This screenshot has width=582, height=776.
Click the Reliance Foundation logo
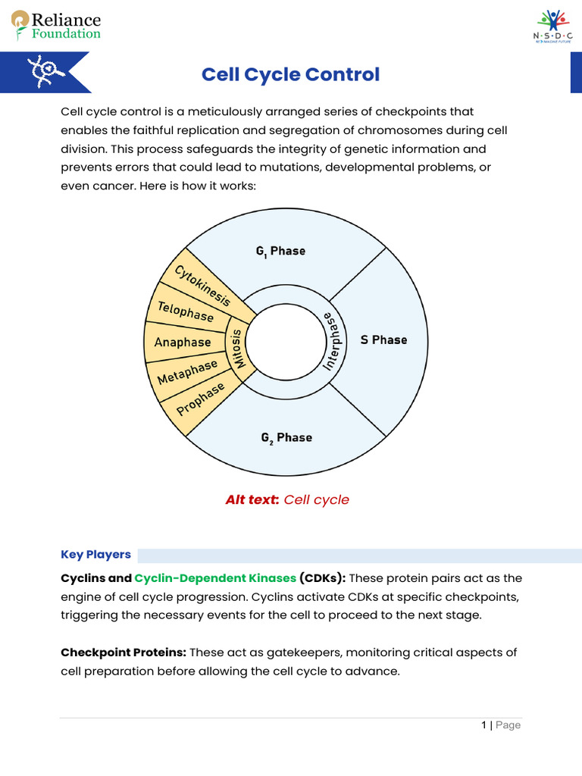56,25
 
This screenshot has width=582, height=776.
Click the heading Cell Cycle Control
290,75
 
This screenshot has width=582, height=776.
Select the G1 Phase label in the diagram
280,251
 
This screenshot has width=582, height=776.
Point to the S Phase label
383,339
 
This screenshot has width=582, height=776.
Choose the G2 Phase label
286,438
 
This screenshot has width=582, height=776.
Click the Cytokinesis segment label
202,285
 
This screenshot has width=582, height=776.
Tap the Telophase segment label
186,311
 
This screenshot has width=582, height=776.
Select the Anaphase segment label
183,343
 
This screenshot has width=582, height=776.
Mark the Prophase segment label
201,399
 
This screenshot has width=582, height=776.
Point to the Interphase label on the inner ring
333,340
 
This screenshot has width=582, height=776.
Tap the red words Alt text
252,500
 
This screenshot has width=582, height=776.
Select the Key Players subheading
95,555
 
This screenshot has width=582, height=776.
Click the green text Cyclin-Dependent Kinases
215,578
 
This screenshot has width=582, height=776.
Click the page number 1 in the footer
483,725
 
